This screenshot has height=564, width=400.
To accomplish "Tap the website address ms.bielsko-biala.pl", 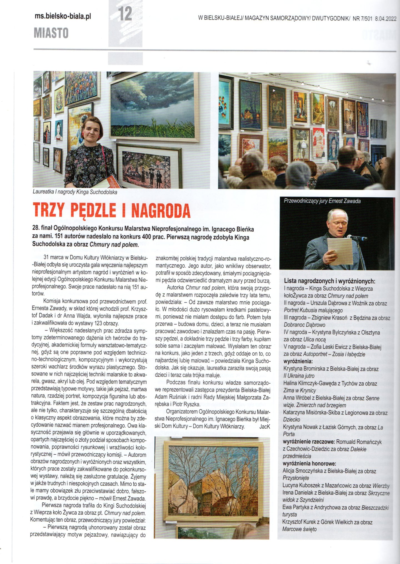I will [63, 16].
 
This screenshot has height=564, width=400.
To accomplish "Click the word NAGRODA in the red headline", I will [161, 210].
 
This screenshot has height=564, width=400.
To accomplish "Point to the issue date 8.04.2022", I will [386, 18].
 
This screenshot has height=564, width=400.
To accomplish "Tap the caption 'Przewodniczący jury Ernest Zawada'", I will [322, 201].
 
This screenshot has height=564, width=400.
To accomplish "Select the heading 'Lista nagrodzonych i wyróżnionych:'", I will [329, 281].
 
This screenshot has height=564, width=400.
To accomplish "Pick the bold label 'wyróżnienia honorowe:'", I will [309, 464].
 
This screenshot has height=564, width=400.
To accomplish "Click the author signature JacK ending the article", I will [264, 427].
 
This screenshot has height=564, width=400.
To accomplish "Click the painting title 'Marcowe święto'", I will [299, 529].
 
